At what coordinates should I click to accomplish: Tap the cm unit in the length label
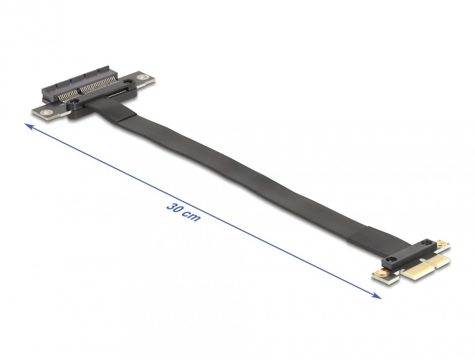coord(192,217)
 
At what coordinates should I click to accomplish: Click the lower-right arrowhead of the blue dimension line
coord(378,296)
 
